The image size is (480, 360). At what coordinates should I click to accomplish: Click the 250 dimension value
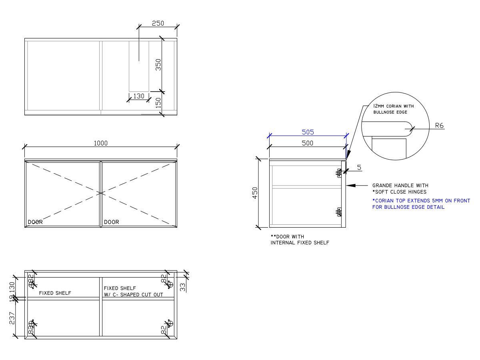tap(158, 23)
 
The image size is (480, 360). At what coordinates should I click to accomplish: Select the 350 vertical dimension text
tap(158, 65)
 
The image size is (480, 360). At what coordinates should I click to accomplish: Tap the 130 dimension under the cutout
tap(138, 96)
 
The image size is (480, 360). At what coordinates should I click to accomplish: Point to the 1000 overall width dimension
tap(101, 143)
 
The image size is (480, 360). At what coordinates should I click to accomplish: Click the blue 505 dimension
tap(308, 132)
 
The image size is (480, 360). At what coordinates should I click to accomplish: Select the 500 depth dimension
tap(307, 143)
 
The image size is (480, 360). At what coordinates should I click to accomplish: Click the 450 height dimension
tap(255, 192)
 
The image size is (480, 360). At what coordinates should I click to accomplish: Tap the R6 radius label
tap(439, 126)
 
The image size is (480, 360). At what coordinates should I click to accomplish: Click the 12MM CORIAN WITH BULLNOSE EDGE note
tap(393, 109)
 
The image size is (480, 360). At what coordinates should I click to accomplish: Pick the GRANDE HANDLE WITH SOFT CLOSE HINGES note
tap(400, 188)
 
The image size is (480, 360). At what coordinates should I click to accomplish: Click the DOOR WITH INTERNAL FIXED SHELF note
tap(300, 240)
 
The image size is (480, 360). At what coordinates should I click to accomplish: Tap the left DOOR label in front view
tap(35, 222)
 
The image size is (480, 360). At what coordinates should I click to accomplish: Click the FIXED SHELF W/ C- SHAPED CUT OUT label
tap(133, 291)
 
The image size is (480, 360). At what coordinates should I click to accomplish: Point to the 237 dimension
tap(12, 318)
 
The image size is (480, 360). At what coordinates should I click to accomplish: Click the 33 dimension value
tap(183, 287)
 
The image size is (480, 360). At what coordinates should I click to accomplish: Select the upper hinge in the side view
tap(339, 173)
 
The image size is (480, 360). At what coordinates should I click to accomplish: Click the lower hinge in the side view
tap(339, 212)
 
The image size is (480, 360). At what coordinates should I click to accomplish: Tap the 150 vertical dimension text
tap(158, 103)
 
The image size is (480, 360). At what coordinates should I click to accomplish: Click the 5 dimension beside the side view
tap(359, 168)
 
